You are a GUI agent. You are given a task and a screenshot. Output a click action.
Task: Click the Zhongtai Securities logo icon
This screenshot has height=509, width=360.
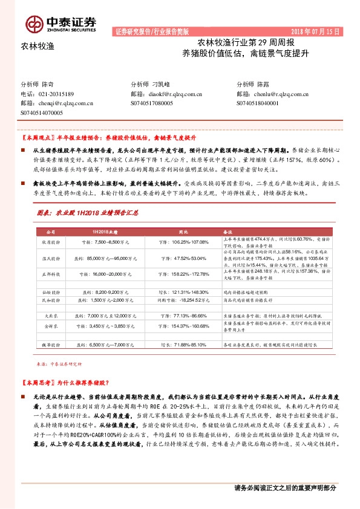coord(33,22)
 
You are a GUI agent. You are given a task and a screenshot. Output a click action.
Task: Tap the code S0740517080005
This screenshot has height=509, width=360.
coord(155,103)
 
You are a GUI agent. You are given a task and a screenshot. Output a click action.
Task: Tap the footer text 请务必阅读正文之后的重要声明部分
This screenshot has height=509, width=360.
coord(284,488)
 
